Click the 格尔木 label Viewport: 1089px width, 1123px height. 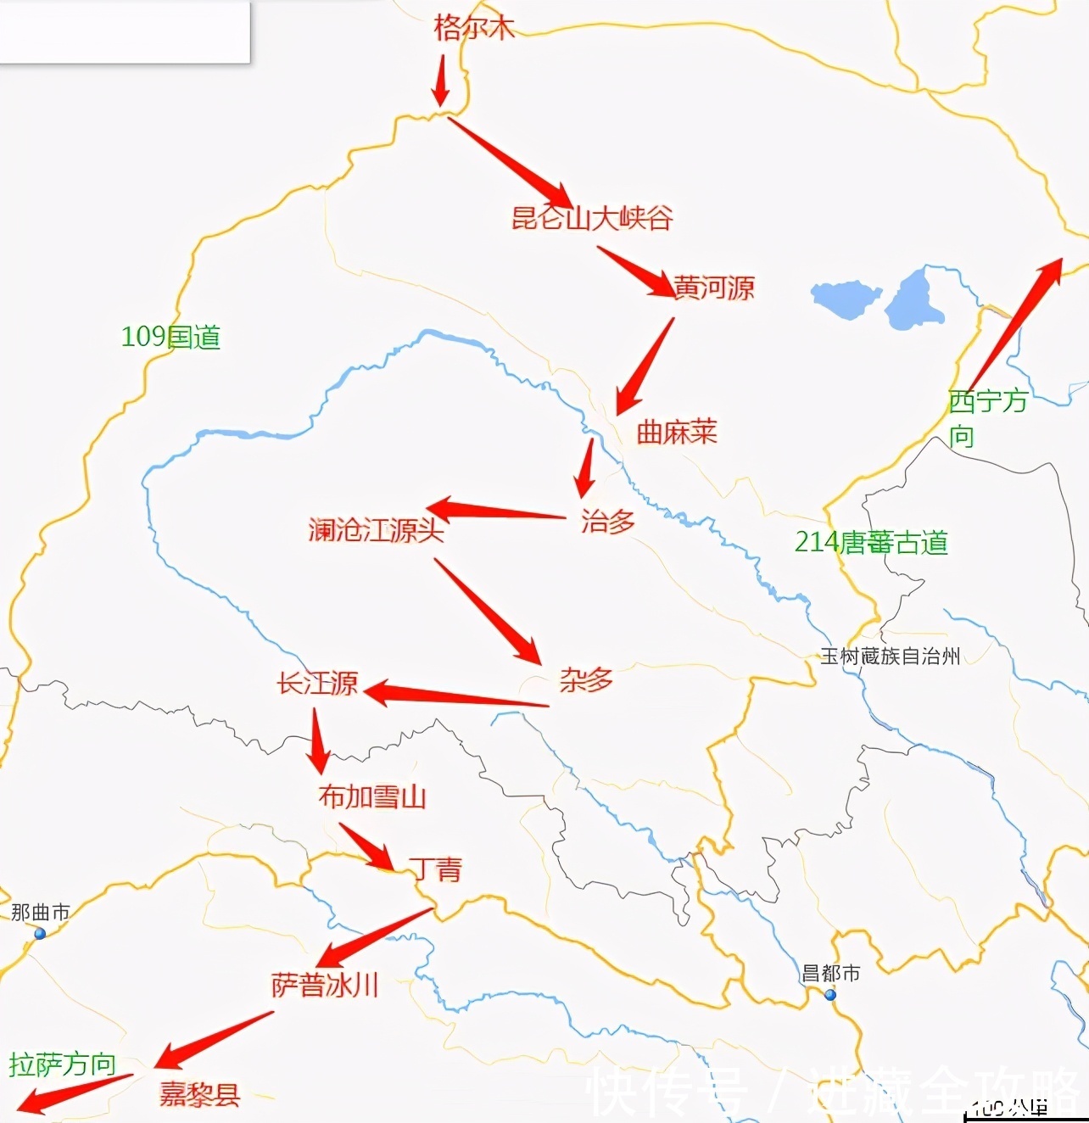click(474, 27)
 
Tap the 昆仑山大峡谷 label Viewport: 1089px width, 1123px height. click(592, 218)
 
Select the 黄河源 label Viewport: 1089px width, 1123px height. click(713, 288)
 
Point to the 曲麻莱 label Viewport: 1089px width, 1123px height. click(677, 432)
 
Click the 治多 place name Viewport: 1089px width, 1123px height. click(608, 521)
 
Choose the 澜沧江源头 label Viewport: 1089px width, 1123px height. click(376, 531)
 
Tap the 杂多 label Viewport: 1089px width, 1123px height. click(586, 679)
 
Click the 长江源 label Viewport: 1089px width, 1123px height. click(318, 683)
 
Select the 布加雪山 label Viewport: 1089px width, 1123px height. click(372, 796)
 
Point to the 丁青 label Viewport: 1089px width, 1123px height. click(436, 869)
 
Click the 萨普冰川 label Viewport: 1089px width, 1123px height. click(325, 985)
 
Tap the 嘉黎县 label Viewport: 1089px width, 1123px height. click(200, 1094)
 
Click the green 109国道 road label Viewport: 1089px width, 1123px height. click(170, 338)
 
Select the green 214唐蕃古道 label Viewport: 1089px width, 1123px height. click(871, 542)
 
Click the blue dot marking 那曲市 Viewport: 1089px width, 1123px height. click(40, 933)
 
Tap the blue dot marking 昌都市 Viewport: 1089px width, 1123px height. click(830, 995)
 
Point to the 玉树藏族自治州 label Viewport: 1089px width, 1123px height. click(890, 656)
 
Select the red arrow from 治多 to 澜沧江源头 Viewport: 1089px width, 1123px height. click(496, 511)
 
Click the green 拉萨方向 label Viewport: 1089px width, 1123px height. click(63, 1064)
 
